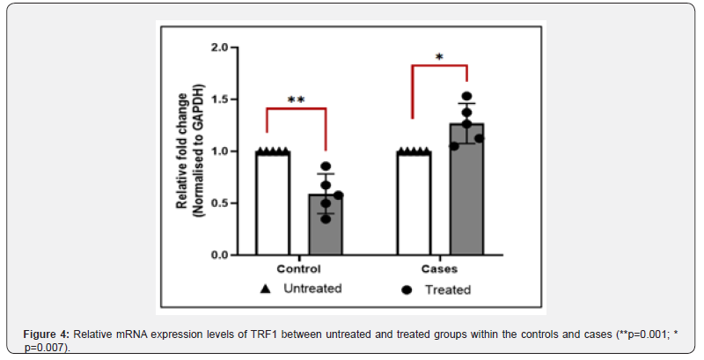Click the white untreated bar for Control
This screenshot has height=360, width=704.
coord(272,203)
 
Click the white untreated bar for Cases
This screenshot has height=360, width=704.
coord(414,203)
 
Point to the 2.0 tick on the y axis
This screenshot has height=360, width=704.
coord(219,48)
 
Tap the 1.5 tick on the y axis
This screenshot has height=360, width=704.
coord(219,99)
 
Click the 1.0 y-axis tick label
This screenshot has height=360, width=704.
coord(219,151)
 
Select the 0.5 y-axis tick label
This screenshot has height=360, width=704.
coord(219,203)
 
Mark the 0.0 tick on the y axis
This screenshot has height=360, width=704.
coord(219,255)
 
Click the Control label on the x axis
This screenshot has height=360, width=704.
coord(298,268)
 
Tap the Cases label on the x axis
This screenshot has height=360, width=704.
coord(440,268)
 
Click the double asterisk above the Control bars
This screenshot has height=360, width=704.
coord(296,100)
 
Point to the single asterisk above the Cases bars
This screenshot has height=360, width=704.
coord(439,58)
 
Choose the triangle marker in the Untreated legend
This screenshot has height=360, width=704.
coord(262,288)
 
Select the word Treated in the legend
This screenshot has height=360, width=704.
coord(450,290)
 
